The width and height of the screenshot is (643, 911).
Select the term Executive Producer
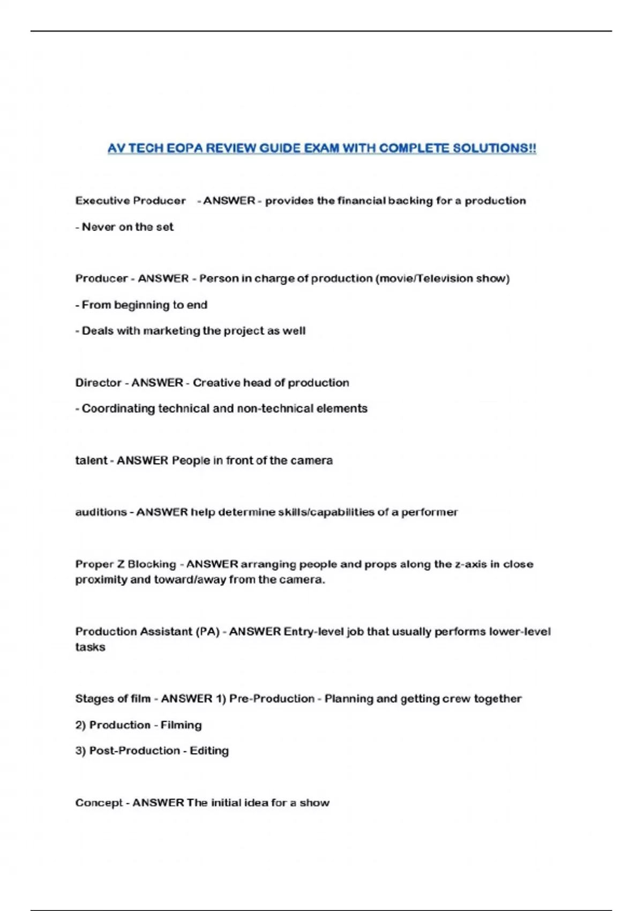coord(130,201)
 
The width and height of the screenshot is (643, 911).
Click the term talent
coord(91,461)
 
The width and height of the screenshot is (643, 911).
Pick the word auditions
coord(101,512)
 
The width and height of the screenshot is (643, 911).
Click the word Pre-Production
coord(272,699)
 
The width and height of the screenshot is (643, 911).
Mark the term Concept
coord(99,803)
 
